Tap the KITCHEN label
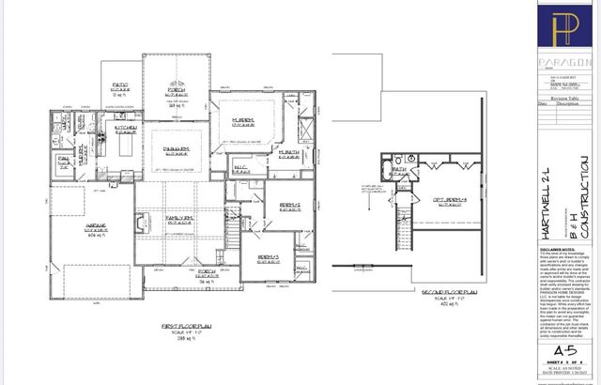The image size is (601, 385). (126, 127)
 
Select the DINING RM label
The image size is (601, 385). (177, 148)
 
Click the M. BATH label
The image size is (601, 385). (287, 151)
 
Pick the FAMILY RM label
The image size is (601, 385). (178, 217)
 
